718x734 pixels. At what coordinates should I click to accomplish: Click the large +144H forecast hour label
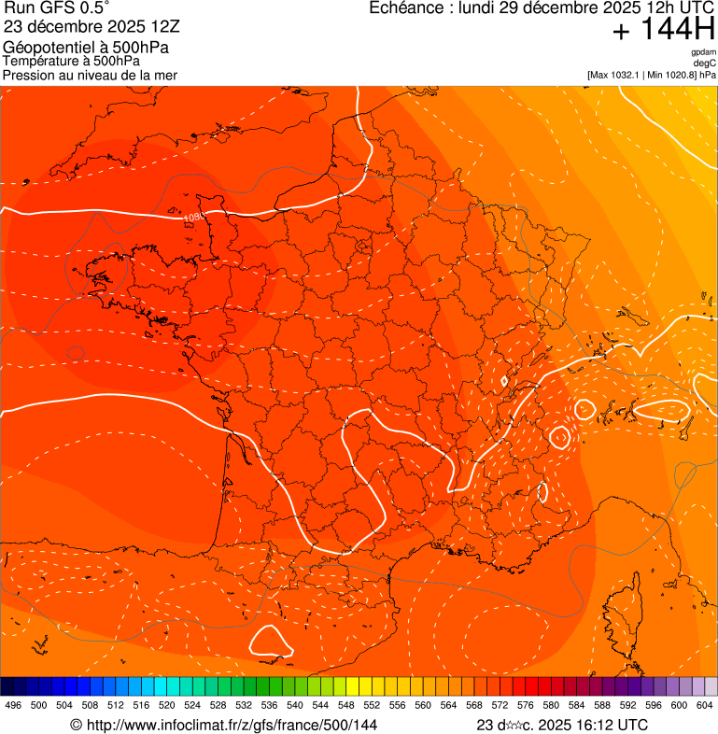[664, 30]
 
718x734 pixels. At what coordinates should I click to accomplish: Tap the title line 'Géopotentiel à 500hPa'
[78, 47]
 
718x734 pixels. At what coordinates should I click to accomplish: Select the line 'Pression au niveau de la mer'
[90, 75]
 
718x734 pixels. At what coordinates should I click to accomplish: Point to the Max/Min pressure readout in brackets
[652, 75]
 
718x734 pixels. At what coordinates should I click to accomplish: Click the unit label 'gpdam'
[704, 52]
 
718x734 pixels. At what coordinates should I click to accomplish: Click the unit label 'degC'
[705, 63]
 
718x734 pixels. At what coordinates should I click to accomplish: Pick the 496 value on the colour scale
[13, 705]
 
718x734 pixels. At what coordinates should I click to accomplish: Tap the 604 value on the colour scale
[705, 705]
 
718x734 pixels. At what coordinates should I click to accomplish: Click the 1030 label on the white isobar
[193, 217]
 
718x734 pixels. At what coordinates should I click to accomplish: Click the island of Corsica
[626, 614]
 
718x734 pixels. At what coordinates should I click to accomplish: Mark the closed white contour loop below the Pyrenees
[271, 640]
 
